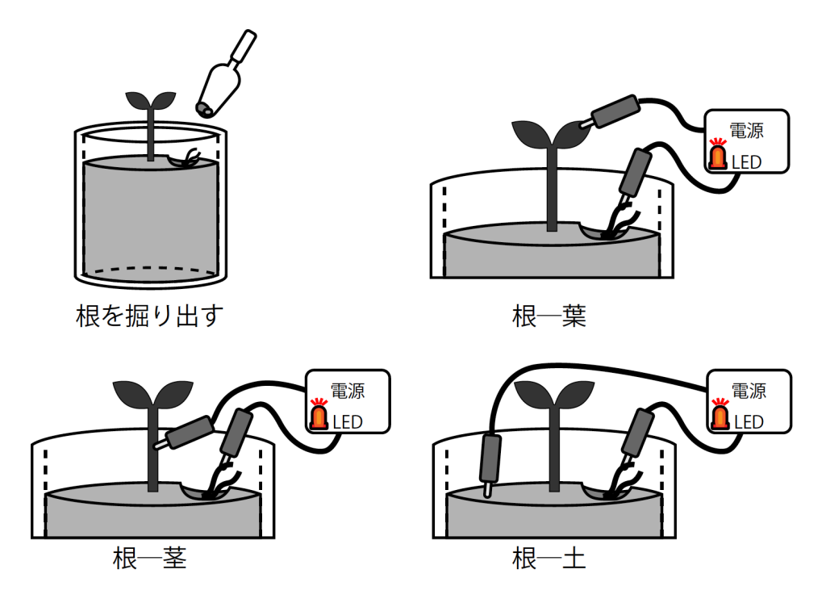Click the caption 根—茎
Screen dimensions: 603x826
149,558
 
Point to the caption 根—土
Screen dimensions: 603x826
549,558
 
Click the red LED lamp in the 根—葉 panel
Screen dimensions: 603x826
717,156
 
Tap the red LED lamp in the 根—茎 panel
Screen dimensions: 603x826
319,415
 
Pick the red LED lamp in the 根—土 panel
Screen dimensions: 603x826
719,415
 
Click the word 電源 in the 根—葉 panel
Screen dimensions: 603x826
746,131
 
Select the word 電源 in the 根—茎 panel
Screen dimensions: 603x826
348,391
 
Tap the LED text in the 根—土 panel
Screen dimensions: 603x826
748,422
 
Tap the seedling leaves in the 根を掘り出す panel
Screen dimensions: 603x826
150,100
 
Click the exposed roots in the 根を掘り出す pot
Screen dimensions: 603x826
190,157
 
